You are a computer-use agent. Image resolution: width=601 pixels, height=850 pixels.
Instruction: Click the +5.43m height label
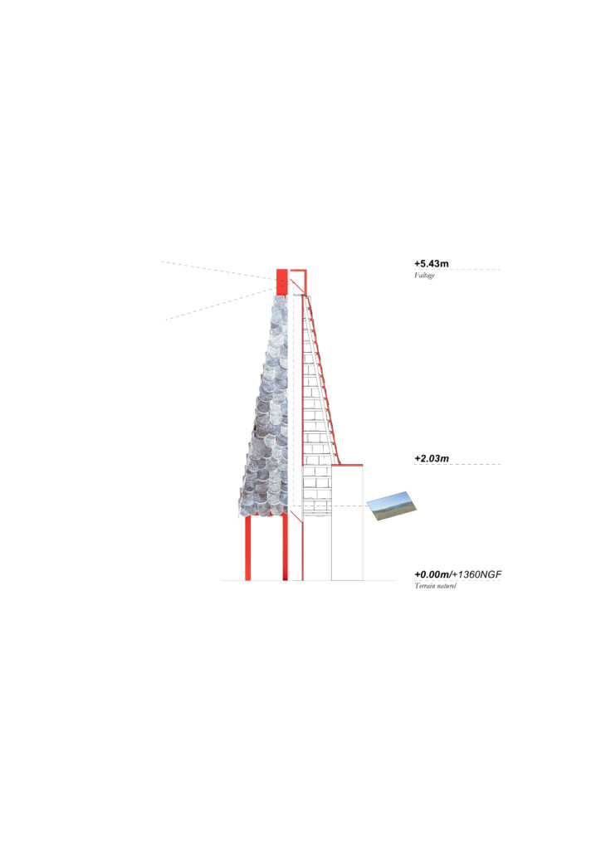click(432, 263)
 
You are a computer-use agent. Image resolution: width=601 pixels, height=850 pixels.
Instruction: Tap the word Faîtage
click(424, 276)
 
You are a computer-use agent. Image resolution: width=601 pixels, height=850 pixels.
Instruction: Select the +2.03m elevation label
click(432, 458)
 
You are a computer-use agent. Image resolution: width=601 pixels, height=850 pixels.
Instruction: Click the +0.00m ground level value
click(432, 574)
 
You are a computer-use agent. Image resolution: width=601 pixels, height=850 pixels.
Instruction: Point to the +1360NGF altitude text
click(477, 574)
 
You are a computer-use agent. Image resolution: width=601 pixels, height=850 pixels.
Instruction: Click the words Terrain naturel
click(435, 586)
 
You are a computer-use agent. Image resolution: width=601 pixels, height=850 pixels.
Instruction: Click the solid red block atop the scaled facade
click(281, 282)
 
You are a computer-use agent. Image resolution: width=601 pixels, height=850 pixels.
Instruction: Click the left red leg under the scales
click(247, 548)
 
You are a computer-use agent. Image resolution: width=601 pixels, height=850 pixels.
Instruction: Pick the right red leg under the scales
click(285, 548)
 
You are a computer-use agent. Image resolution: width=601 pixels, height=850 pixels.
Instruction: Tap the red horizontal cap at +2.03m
click(347, 465)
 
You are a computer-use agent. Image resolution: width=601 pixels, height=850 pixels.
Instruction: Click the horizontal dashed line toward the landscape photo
click(329, 506)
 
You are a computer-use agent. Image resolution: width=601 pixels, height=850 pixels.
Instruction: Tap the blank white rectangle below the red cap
click(347, 523)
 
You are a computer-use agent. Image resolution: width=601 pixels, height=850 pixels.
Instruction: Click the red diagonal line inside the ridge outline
click(299, 287)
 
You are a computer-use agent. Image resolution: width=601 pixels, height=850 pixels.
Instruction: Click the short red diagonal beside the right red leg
click(296, 516)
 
